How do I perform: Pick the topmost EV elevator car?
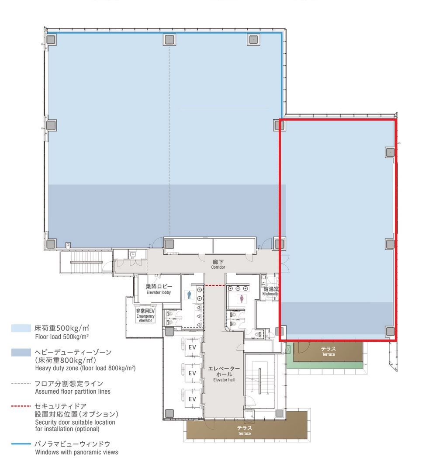pyautogui.click(x=192, y=347)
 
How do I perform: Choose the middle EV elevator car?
pyautogui.click(x=192, y=373)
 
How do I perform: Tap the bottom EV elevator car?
pyautogui.click(x=192, y=399)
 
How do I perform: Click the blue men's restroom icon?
pyautogui.click(x=189, y=295)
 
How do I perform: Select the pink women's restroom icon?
pyautogui.click(x=242, y=299)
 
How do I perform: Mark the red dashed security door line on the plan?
pyautogui.click(x=215, y=285)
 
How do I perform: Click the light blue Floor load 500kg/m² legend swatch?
pyautogui.click(x=21, y=328)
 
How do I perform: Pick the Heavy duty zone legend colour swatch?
pyautogui.click(x=21, y=353)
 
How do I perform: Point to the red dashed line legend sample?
pyautogui.click(x=21, y=406)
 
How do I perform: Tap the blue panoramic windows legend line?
pyautogui.click(x=21, y=444)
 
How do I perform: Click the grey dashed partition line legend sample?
pyautogui.click(x=21, y=383)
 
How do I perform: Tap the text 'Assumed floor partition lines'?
pyautogui.click(x=73, y=392)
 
